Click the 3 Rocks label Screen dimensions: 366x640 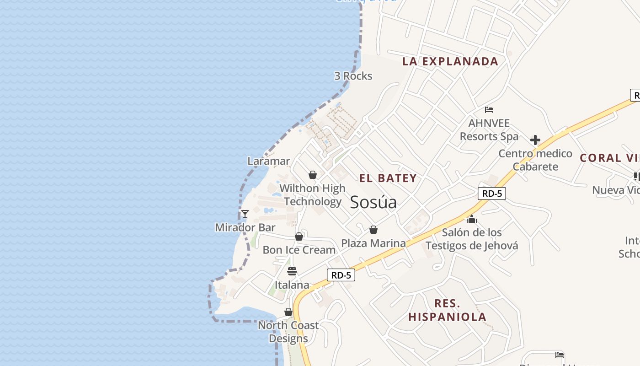point(353,76)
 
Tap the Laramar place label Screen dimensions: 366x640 point(268,161)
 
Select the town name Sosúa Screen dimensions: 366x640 point(373,202)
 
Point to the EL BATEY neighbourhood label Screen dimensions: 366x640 point(388,178)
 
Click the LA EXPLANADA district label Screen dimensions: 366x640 point(450,61)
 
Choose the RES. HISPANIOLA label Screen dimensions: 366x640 point(447,310)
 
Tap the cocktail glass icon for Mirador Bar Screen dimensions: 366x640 point(245,214)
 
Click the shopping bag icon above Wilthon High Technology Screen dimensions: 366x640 point(313,175)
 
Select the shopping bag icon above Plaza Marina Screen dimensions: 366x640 point(373,230)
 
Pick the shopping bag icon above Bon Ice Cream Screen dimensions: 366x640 point(299,237)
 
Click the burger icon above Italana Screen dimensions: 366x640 point(292,271)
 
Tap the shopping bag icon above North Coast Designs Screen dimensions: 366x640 point(288,312)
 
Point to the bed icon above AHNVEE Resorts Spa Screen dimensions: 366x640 point(489,110)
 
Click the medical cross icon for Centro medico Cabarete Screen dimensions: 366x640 point(535,140)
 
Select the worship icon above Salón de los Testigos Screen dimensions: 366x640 point(472,219)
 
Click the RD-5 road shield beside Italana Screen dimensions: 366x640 point(341,275)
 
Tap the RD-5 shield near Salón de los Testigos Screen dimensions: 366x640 point(492,194)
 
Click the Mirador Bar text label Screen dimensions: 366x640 point(245,227)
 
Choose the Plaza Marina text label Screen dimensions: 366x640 point(373,243)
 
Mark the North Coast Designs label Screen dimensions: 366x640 point(288,332)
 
